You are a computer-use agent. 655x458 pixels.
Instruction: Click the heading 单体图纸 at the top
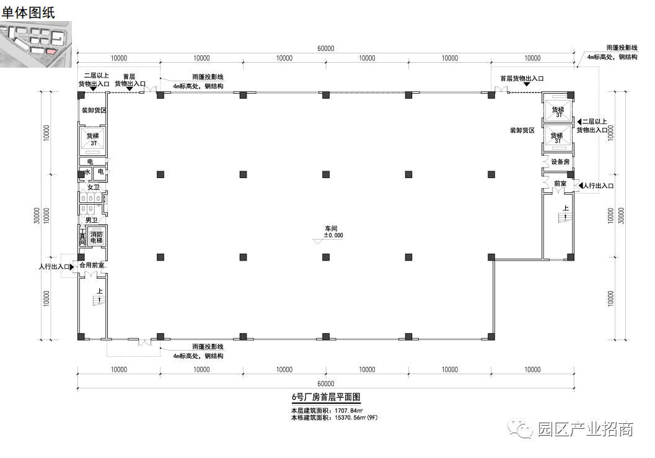click(x=29, y=12)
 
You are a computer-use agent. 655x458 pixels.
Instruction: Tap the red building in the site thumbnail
click(x=51, y=52)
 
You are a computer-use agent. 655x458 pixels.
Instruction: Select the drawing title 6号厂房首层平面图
click(x=326, y=397)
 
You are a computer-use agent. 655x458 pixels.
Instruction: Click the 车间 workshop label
click(x=331, y=228)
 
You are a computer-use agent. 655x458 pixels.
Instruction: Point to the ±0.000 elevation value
click(x=333, y=235)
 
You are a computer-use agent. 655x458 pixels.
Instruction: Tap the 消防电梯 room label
click(x=97, y=238)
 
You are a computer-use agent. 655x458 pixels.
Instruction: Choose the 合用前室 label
click(x=92, y=265)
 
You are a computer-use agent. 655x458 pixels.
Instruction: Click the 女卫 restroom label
click(x=94, y=187)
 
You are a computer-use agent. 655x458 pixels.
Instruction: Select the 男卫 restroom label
click(x=92, y=220)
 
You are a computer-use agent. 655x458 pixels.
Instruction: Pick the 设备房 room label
click(x=560, y=162)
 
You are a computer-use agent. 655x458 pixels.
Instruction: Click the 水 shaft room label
click(x=87, y=172)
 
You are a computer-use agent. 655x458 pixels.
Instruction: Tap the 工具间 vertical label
click(x=82, y=236)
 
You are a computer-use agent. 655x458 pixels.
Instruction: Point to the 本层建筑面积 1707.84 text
click(x=327, y=411)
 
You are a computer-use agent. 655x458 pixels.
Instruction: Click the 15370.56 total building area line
click(x=334, y=418)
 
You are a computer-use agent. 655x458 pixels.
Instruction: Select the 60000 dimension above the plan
click(x=326, y=48)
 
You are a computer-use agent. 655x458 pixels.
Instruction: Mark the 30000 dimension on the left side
click(x=37, y=216)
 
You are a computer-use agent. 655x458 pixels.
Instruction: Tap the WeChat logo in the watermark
click(x=521, y=429)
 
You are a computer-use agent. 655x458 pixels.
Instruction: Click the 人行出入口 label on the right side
click(x=598, y=186)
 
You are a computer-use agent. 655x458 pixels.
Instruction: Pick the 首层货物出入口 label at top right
click(x=522, y=79)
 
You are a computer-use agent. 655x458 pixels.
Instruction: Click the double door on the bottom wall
click(x=144, y=342)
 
